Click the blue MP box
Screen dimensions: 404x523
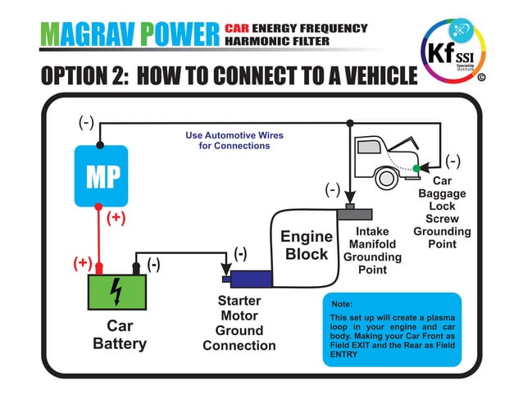coord(101,176)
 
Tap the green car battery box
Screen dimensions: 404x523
coord(117,290)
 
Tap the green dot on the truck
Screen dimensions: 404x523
coord(416,168)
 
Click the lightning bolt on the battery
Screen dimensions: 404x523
coord(117,290)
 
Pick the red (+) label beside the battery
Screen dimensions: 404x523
coord(82,263)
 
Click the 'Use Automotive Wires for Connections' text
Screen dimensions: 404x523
coord(223,140)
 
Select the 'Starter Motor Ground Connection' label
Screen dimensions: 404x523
coord(239,323)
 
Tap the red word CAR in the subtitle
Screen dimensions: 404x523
coord(238,29)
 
